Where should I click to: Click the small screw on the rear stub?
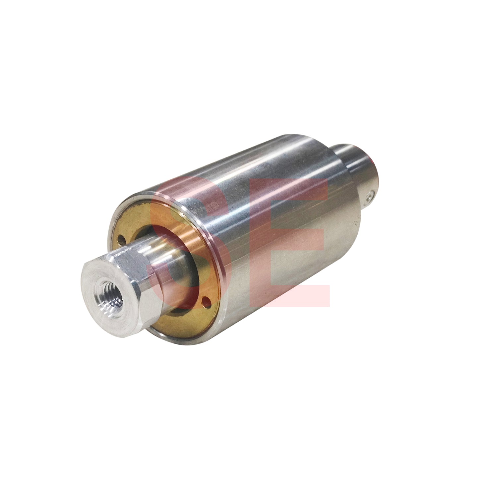[370, 197]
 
